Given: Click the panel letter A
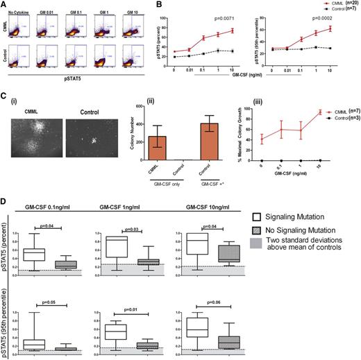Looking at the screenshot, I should click(x=4, y=4).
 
